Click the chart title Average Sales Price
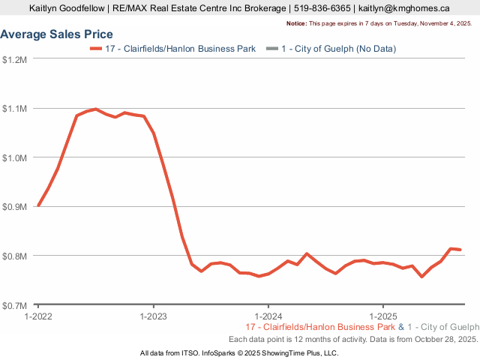(x=57, y=34)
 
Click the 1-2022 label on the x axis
(x=38, y=316)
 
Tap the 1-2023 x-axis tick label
(x=153, y=316)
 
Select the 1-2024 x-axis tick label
(x=268, y=316)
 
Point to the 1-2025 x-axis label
(x=383, y=316)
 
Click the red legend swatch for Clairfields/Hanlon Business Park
(x=95, y=49)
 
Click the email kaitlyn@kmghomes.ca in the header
(x=403, y=8)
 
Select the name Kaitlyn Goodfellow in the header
(x=66, y=8)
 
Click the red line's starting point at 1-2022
(x=38, y=205)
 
